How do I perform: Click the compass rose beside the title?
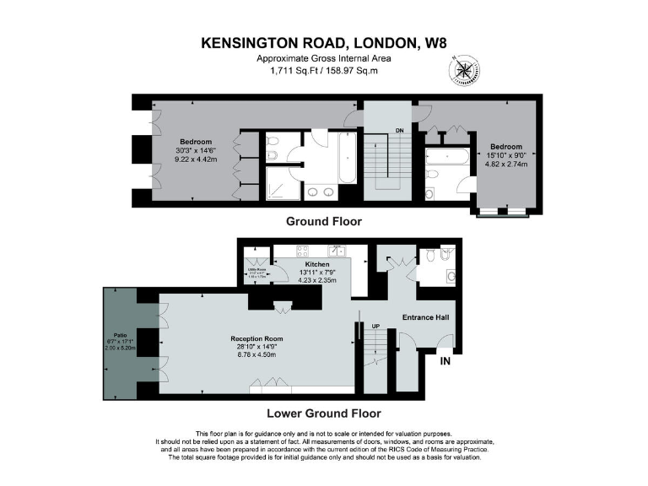click(462, 69)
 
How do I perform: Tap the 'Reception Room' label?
click(256, 339)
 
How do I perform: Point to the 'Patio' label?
click(120, 335)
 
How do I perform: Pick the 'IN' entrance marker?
click(444, 360)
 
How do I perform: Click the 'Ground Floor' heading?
click(323, 222)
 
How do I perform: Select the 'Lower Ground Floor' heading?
click(323, 413)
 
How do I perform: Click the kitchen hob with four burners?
click(301, 251)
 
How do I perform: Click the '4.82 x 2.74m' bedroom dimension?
click(506, 165)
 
